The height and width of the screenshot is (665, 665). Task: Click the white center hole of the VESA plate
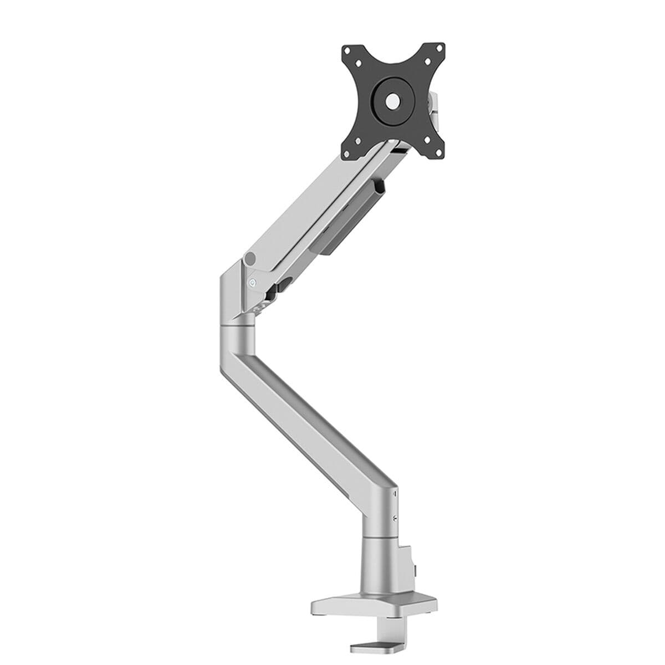click(392, 100)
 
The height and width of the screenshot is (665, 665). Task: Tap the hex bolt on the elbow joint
click(252, 282)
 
